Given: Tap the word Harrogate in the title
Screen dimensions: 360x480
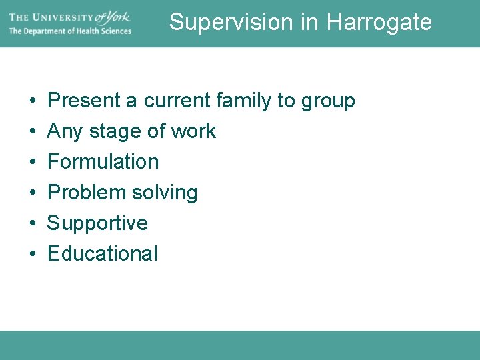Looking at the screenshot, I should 379,22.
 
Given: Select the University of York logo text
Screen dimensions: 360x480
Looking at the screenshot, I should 70,16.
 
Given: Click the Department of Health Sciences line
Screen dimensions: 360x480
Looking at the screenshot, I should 70,31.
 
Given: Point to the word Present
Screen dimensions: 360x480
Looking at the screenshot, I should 84,101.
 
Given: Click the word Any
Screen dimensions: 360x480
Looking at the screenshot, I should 64,132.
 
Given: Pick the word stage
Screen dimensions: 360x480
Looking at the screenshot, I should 115,132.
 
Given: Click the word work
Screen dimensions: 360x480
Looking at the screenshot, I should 193,131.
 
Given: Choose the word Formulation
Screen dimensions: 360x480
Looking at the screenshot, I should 103,162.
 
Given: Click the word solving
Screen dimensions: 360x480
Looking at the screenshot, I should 165,193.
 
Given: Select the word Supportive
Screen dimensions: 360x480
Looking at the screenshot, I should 97,223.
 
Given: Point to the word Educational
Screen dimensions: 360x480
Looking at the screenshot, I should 103,254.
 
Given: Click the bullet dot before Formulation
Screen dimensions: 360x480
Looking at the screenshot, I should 33,163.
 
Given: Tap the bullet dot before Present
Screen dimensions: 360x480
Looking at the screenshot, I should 33,101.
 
